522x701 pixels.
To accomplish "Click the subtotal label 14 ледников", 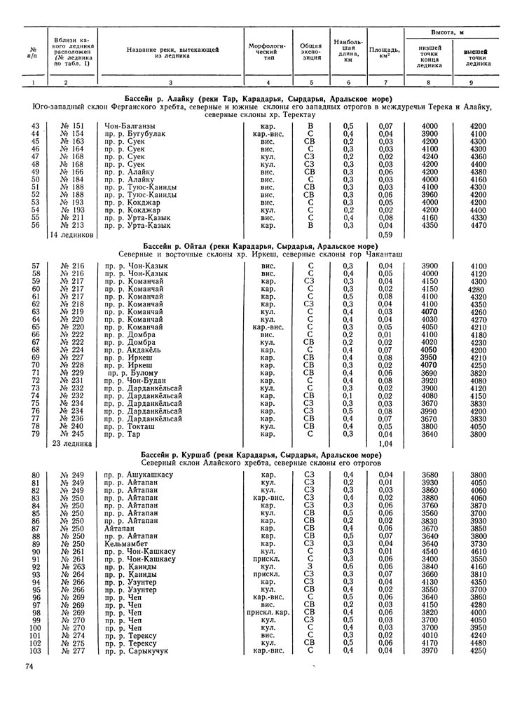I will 73,235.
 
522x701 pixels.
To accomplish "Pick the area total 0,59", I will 385,235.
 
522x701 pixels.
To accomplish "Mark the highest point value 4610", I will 479,550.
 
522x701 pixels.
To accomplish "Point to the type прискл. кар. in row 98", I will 268,611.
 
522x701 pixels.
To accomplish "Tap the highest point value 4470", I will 479,226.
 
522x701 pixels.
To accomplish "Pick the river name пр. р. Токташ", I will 129,426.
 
